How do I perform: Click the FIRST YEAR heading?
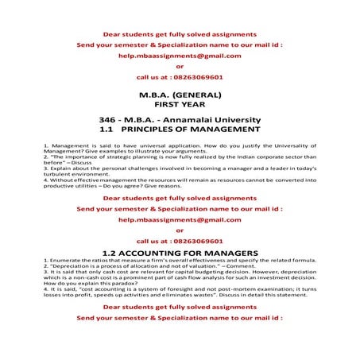click(x=180, y=103)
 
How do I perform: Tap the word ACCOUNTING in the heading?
click(x=168, y=251)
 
